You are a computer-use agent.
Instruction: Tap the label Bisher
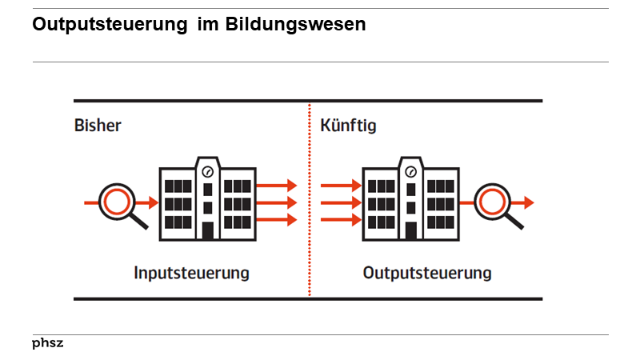(98, 126)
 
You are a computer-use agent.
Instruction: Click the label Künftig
(348, 126)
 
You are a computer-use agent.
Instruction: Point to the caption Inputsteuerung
(191, 273)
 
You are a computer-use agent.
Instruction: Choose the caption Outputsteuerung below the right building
(427, 273)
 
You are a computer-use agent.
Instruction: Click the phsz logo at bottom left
(48, 343)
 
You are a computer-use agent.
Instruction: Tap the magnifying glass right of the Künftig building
(494, 203)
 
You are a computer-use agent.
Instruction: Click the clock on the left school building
(208, 170)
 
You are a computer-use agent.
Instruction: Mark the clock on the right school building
(411, 170)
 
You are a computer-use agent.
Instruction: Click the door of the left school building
(208, 230)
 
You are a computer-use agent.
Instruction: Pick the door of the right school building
(411, 230)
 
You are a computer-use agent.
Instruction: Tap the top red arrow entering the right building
(341, 186)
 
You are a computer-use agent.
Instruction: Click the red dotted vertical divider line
(310, 200)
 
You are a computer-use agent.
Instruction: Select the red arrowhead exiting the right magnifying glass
(529, 203)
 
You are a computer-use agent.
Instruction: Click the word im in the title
(207, 25)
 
